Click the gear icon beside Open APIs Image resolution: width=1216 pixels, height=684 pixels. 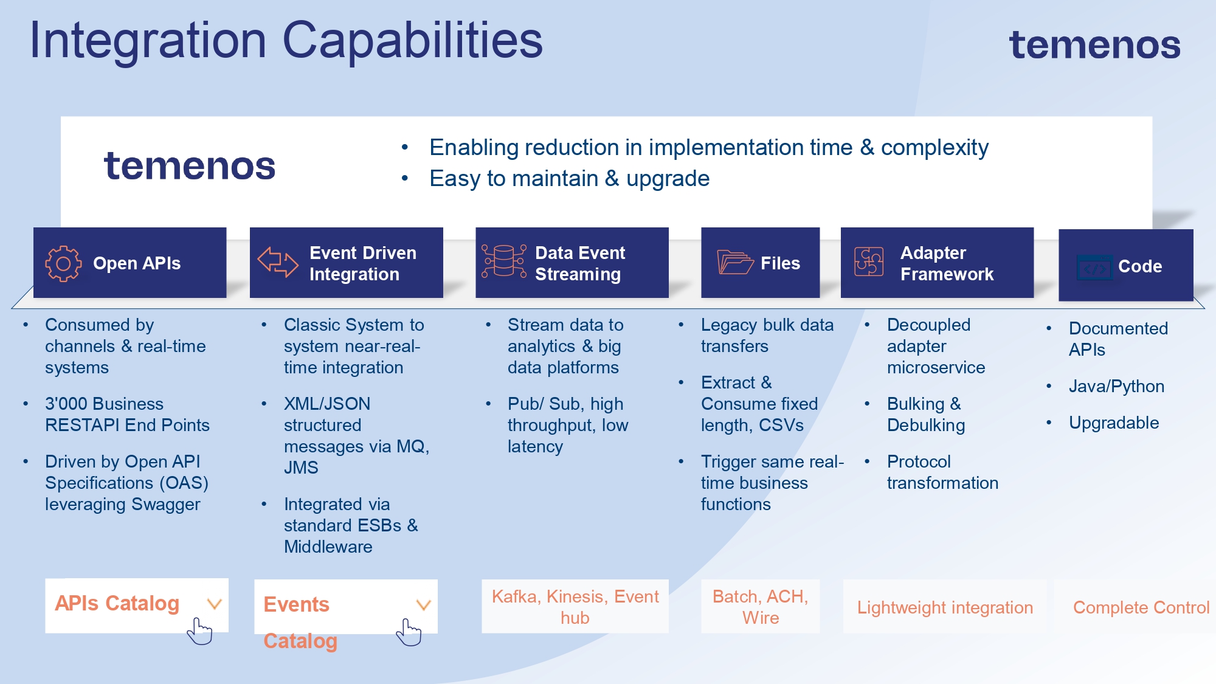click(63, 263)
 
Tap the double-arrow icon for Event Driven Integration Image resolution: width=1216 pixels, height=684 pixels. click(278, 262)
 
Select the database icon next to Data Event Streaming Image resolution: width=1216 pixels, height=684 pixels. click(503, 262)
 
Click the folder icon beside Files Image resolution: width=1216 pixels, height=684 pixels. click(734, 263)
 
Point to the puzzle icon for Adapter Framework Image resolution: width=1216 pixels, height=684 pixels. click(869, 262)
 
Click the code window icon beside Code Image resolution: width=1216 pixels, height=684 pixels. click(1094, 267)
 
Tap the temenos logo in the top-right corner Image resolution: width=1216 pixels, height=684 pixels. click(1094, 45)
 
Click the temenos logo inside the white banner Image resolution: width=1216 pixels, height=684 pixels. click(190, 166)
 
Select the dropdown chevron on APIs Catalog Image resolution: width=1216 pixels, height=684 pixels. click(214, 604)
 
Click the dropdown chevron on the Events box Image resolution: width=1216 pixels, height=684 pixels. click(423, 604)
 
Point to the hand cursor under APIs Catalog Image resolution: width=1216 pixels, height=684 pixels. click(199, 631)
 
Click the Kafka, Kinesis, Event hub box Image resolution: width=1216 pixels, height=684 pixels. click(575, 607)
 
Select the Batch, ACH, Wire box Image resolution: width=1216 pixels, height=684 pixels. click(760, 607)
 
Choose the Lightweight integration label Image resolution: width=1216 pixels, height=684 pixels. click(945, 607)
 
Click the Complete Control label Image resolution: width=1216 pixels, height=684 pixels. click(1141, 607)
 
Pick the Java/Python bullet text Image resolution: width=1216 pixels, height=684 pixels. click(1116, 386)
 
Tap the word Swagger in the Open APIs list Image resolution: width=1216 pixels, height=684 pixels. click(165, 505)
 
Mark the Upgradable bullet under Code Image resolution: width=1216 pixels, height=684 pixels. click(1114, 423)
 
